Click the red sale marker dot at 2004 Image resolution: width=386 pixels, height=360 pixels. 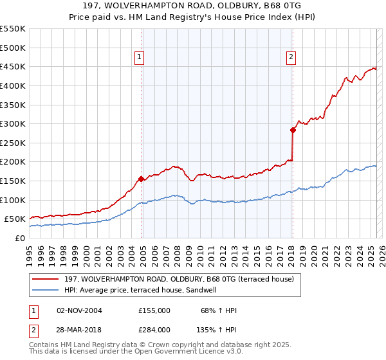click(x=141, y=179)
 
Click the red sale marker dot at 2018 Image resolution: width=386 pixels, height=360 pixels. click(x=293, y=130)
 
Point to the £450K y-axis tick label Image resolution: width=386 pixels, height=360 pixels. click(x=13, y=66)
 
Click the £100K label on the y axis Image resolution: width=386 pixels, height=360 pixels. click(x=13, y=200)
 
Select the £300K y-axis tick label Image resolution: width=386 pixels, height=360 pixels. click(x=13, y=123)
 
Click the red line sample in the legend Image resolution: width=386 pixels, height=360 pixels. click(x=46, y=279)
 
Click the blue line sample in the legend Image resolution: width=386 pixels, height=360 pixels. click(x=46, y=290)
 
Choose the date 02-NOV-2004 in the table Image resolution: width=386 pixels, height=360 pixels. click(x=79, y=310)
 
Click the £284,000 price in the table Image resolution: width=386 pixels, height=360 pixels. click(x=154, y=329)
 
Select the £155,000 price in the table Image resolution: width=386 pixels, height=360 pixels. click(x=154, y=310)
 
